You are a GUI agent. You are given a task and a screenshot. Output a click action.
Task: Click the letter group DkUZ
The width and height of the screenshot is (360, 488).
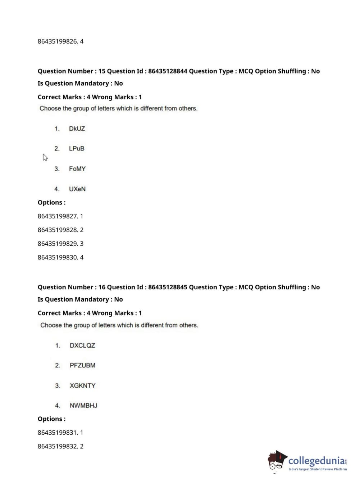click(77, 128)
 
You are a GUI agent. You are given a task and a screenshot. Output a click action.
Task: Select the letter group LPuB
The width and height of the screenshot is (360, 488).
click(77, 148)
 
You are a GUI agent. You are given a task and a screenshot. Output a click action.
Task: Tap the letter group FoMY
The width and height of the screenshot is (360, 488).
click(77, 168)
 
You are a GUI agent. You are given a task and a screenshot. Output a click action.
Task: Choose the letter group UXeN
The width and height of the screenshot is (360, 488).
click(77, 189)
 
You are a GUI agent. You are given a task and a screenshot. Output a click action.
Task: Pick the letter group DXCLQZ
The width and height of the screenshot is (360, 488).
click(82, 345)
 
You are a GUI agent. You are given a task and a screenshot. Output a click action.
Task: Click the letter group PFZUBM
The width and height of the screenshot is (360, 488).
click(82, 365)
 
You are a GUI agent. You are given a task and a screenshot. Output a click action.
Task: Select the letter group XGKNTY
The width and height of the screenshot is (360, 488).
click(82, 385)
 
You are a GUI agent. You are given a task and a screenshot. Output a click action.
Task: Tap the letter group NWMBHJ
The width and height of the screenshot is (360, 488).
click(83, 406)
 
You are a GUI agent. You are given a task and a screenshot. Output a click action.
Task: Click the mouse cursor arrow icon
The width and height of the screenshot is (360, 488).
click(45, 157)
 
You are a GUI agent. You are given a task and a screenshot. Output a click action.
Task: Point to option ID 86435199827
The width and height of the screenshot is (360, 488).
click(58, 216)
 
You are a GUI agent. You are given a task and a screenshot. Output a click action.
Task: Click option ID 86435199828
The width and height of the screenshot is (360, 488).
click(58, 230)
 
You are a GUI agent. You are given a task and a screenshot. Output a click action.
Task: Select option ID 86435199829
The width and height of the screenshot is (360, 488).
click(58, 244)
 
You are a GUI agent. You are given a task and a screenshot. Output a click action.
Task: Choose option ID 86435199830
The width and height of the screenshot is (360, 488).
click(58, 257)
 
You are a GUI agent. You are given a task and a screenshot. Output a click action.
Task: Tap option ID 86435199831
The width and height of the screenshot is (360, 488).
click(58, 433)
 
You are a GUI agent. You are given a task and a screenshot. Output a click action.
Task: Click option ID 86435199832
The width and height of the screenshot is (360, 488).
click(58, 446)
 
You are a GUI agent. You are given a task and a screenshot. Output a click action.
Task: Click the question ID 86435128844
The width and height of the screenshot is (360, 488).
click(168, 71)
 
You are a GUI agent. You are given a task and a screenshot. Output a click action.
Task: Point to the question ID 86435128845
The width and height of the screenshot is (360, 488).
click(168, 287)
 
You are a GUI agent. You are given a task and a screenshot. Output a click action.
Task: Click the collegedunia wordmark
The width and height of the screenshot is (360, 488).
click(316, 461)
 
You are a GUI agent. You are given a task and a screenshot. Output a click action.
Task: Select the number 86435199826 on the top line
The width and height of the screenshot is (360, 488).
click(58, 41)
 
